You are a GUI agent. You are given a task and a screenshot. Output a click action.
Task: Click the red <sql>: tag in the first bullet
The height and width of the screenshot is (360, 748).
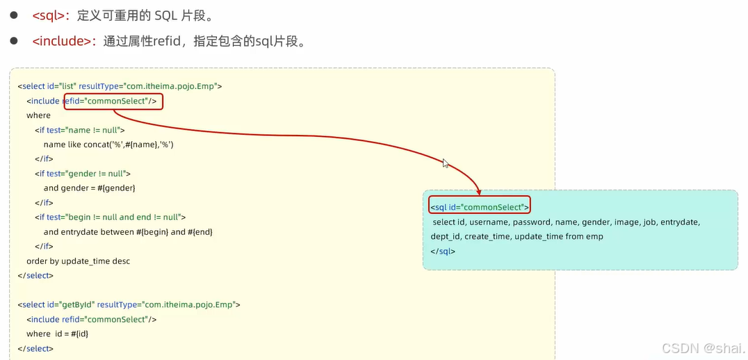[x=52, y=16]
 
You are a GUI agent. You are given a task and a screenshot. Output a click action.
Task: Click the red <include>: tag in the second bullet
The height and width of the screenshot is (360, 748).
[x=64, y=42]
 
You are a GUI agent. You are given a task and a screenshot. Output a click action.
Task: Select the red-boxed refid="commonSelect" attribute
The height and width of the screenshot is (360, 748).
[x=114, y=101]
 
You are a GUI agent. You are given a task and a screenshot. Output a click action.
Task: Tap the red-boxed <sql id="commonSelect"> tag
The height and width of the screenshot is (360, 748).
[x=480, y=207]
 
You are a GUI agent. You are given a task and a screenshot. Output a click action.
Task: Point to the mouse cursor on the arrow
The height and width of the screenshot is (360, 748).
[x=446, y=163]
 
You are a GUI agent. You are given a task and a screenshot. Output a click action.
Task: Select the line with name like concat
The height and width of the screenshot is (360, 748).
[x=108, y=145]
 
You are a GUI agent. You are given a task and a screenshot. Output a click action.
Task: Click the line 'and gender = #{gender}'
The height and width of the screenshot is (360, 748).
[x=89, y=188]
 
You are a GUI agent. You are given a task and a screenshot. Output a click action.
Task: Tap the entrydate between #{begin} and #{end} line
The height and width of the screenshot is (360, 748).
[x=127, y=232]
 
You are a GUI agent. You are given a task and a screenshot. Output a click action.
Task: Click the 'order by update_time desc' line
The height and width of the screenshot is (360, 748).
[x=78, y=261]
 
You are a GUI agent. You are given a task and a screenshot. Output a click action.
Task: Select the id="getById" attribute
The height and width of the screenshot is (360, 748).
[x=70, y=305]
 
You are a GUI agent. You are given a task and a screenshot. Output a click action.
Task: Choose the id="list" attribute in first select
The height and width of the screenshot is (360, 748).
[x=61, y=87]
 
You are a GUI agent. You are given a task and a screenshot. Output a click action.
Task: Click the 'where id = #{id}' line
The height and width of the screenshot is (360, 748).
[x=57, y=334]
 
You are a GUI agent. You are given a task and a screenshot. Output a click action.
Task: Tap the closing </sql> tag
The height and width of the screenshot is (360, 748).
[x=443, y=252]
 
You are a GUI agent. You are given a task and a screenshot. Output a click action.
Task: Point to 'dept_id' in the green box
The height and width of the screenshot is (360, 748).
[x=446, y=237]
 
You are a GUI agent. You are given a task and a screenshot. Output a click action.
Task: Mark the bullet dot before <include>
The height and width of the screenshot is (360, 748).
[x=13, y=42]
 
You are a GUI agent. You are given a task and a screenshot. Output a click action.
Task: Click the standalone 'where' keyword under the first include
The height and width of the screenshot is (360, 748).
[x=38, y=115]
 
